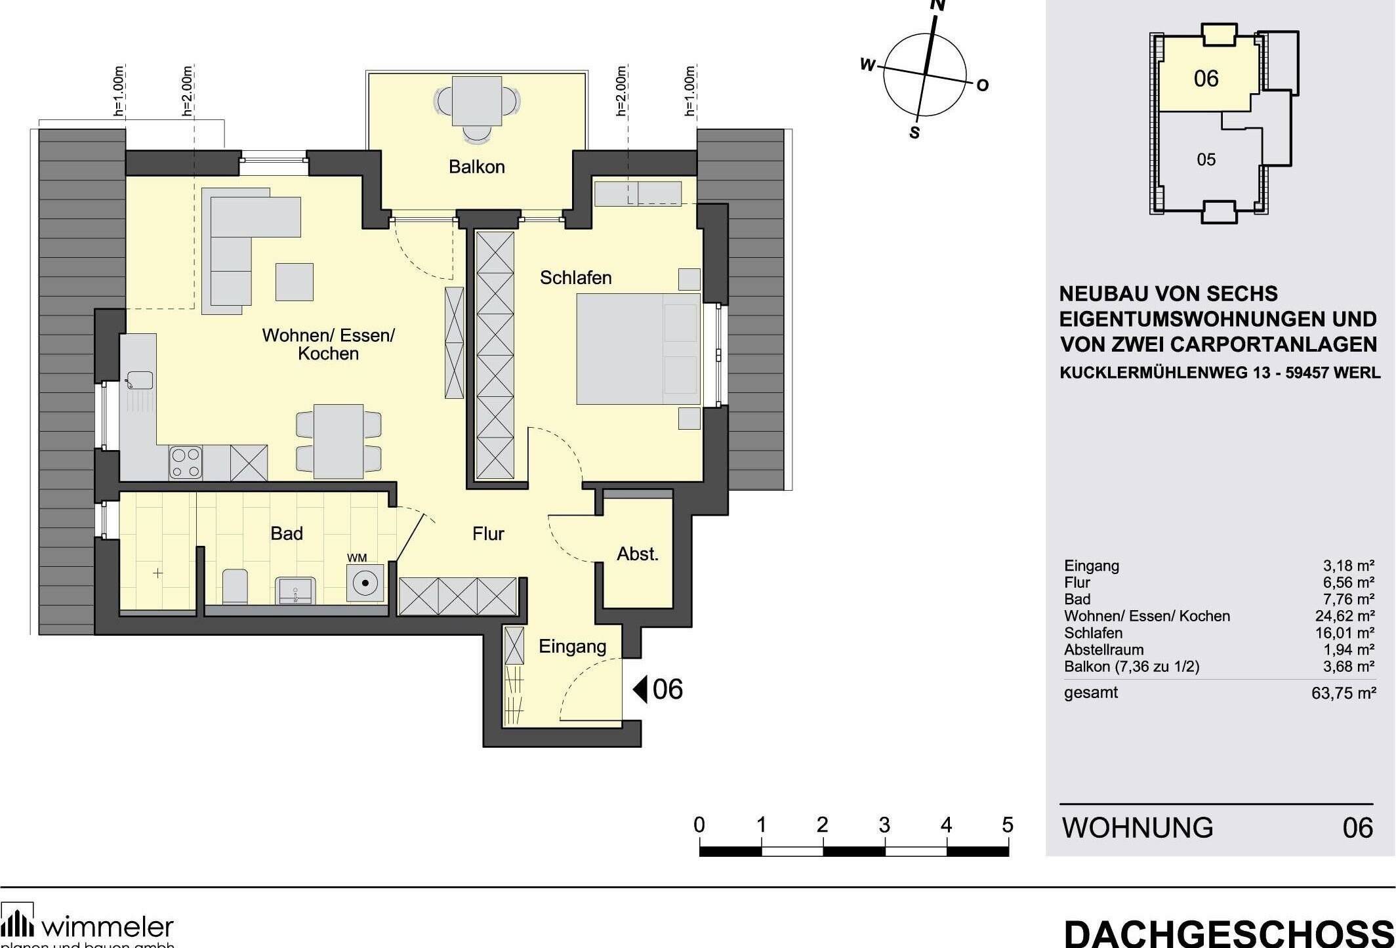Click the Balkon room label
pos(476,167)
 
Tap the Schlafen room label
pos(575,278)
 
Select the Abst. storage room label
pos(637,554)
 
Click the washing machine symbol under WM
pos(365,583)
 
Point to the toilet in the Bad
pos(235,586)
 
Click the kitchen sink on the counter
pos(140,380)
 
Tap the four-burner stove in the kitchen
pos(186,463)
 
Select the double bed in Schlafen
pos(638,348)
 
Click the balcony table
pos(477,101)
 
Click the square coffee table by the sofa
pos(294,281)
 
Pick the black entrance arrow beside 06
pos(640,690)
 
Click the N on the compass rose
pos(938,6)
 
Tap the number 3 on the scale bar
pos(884,825)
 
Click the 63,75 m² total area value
pos(1343,693)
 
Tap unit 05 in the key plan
pos(1206,159)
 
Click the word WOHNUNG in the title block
pos(1138,828)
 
